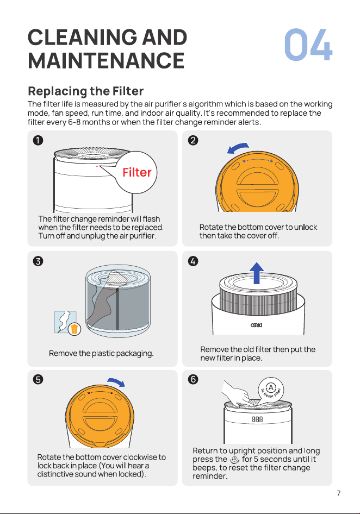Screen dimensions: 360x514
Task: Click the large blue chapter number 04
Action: coord(308,45)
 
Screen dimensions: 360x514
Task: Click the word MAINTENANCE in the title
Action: coord(107,61)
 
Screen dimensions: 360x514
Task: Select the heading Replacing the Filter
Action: coord(86,91)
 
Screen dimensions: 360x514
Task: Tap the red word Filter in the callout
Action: coord(137,172)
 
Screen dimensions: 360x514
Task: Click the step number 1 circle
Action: coord(38,140)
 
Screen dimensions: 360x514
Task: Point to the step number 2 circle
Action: coord(193,140)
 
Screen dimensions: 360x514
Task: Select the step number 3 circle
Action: coord(38,261)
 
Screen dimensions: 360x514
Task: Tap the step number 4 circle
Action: coord(193,261)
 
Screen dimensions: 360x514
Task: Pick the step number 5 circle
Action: coord(38,379)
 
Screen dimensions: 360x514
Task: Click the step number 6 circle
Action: coord(193,379)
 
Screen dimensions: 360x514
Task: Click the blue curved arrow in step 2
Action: coord(238,147)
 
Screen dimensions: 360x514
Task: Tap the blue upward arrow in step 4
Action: coord(257,273)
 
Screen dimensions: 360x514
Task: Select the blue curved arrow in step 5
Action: coord(116,381)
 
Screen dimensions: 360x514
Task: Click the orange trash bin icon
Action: coord(75,329)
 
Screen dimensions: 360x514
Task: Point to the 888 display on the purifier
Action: coord(257,419)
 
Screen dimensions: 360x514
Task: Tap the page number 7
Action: coord(339,493)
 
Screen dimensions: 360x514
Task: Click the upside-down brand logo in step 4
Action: coord(256,325)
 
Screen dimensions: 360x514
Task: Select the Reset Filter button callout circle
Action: coord(271,390)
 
